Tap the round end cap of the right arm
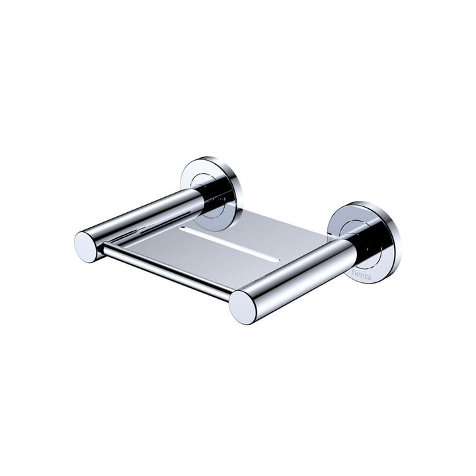tap(243, 307)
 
